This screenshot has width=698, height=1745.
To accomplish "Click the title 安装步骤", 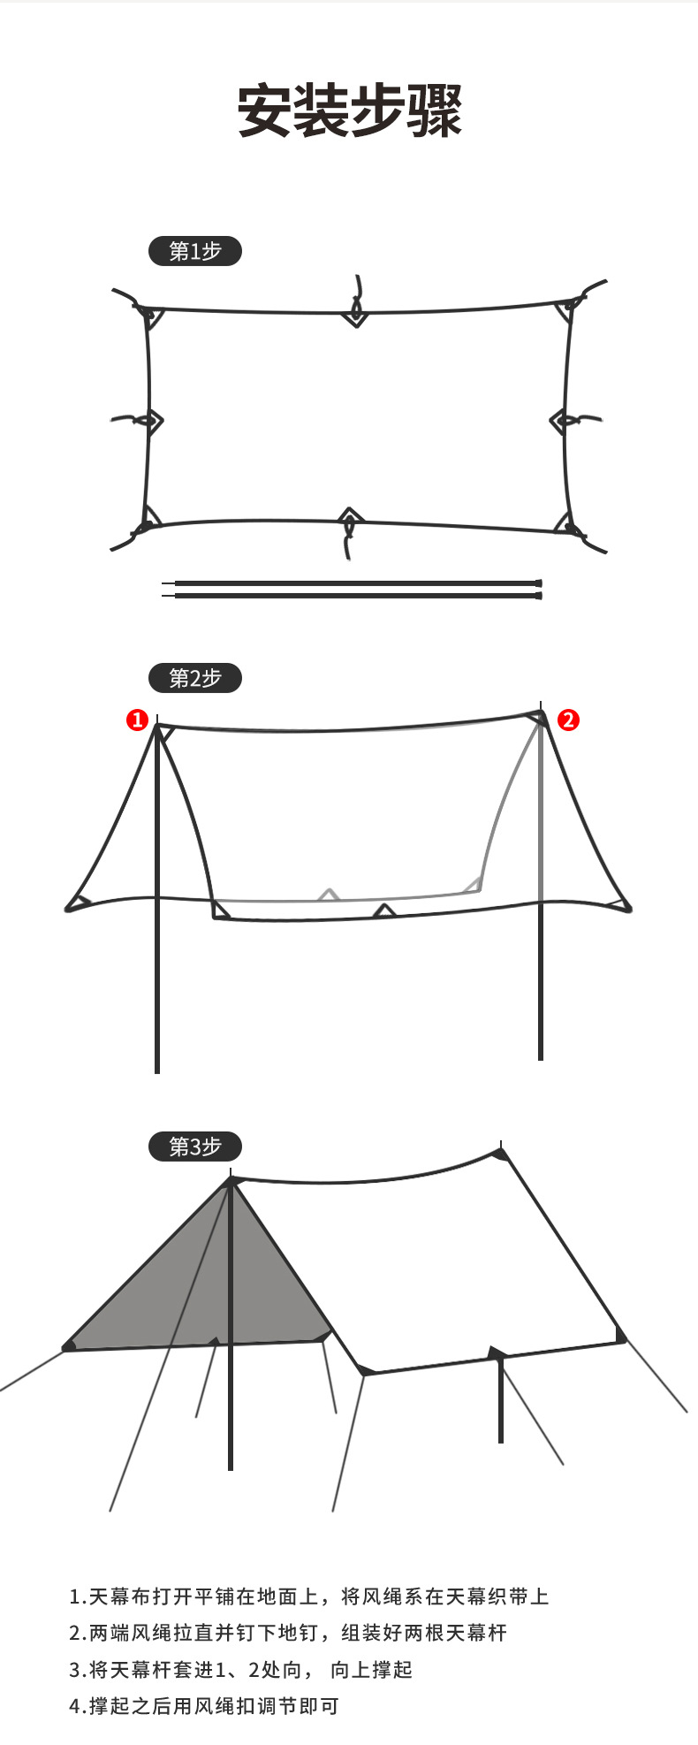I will coord(350,111).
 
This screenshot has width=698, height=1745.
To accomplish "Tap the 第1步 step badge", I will coord(194,252).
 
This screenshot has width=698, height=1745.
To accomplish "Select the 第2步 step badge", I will coord(194,678).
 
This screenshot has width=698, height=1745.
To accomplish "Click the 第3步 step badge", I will coord(194,1147).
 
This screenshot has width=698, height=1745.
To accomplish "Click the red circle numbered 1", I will coord(137,720).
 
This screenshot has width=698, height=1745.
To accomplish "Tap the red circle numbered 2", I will coord(568,720).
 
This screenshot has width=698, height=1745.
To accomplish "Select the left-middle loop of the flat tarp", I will coord(152,421).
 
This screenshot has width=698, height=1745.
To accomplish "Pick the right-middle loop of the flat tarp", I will coord(562,421).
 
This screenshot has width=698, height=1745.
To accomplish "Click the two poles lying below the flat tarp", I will coord(353,590).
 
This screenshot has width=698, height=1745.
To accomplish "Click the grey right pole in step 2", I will coord(540,928).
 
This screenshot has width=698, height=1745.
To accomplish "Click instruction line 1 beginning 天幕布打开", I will coord(309,1596).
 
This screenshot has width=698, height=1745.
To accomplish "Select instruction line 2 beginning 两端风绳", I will coord(288,1633).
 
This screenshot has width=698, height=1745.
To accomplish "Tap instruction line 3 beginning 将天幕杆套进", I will coord(240,1670).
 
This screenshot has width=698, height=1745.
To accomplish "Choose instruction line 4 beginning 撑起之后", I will coord(204,1706).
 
